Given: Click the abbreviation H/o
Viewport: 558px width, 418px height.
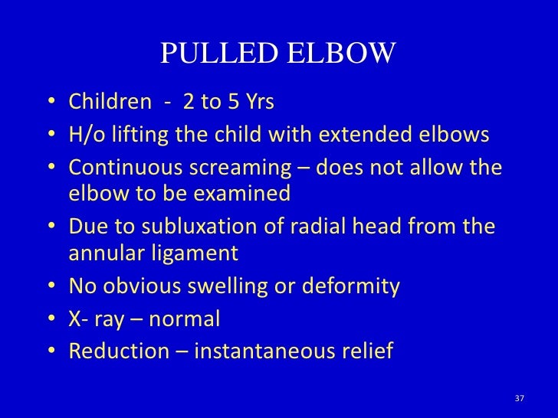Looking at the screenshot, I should (x=85, y=135).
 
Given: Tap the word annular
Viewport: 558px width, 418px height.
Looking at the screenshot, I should (x=102, y=253).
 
